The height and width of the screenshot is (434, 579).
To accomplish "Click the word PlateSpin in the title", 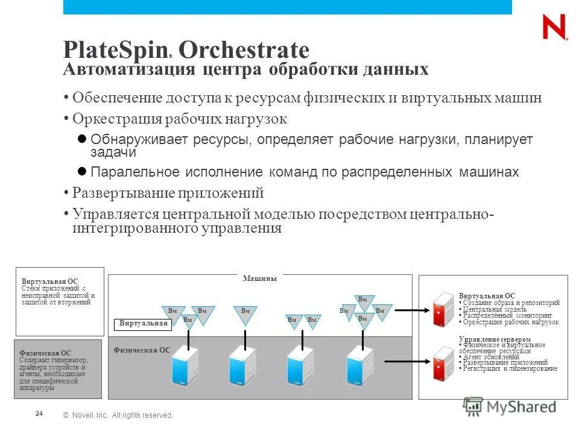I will pos(115,49).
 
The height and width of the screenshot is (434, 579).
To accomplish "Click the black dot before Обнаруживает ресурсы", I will pos(83,139).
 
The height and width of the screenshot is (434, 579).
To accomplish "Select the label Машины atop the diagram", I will pos(259,278).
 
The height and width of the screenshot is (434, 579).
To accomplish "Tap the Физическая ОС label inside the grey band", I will pos(142,350).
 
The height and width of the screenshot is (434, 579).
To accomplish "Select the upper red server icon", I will pos(443,309).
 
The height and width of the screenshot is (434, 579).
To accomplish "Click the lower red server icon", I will pos(443,364).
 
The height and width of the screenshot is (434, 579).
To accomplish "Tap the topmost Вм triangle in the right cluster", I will pos(362,301).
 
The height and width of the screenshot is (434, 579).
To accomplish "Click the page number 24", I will pos(39,414).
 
